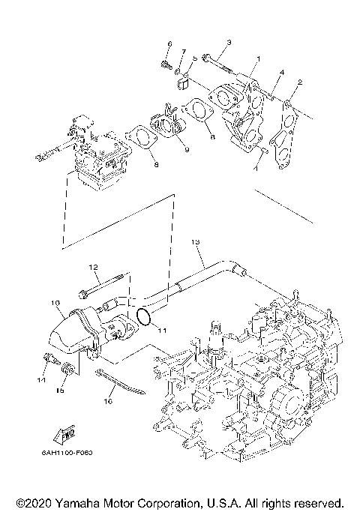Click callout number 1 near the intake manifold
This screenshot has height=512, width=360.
click(x=258, y=58)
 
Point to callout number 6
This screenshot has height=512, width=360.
click(x=169, y=44)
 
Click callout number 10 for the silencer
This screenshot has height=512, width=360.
click(x=55, y=304)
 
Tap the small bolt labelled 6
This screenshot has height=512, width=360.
click(x=164, y=64)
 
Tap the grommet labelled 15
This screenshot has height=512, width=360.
click(x=67, y=369)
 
